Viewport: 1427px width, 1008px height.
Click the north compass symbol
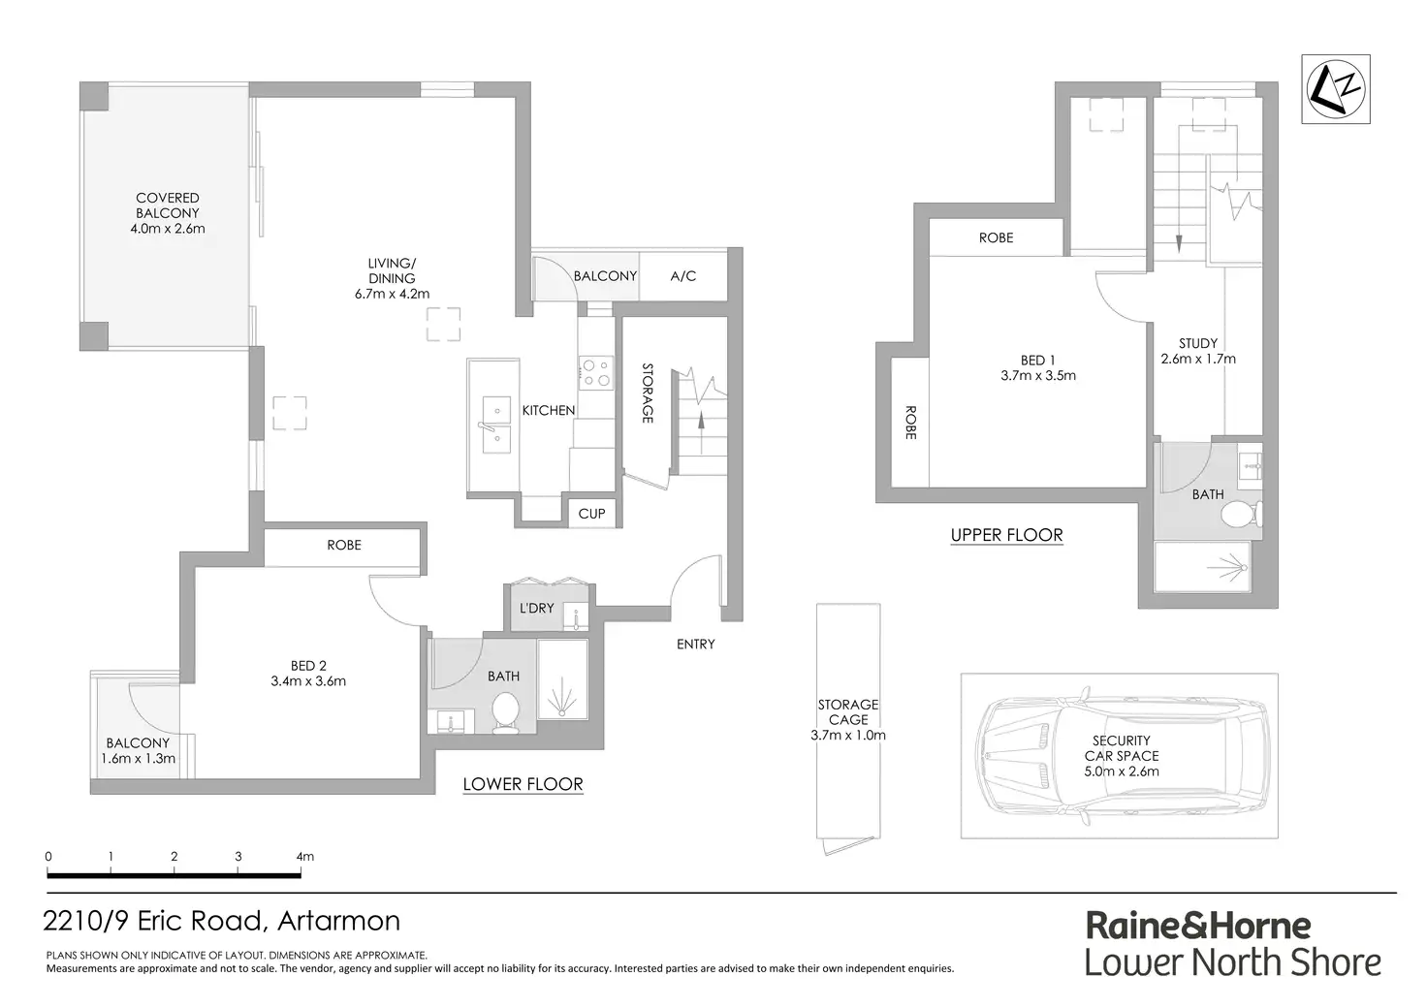pos(1336,89)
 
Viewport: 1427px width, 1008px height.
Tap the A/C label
pos(683,276)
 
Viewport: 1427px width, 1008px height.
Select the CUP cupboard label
pos(591,514)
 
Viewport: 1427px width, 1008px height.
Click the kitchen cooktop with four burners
pos(595,372)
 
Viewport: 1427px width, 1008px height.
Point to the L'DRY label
pos(536,609)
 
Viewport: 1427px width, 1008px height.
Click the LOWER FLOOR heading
pos(523,784)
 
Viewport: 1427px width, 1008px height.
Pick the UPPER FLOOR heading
pos(1006,535)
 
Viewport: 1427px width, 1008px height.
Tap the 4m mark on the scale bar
pos(304,857)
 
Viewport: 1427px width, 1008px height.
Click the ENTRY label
pos(695,644)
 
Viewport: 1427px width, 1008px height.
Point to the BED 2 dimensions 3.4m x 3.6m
pos(308,681)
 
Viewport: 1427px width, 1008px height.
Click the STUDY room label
pos(1198,343)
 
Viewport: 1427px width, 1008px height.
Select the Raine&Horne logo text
pos(1198,926)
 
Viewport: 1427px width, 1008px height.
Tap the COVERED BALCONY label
pos(168,205)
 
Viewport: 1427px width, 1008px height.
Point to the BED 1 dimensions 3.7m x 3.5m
pos(1038,376)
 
